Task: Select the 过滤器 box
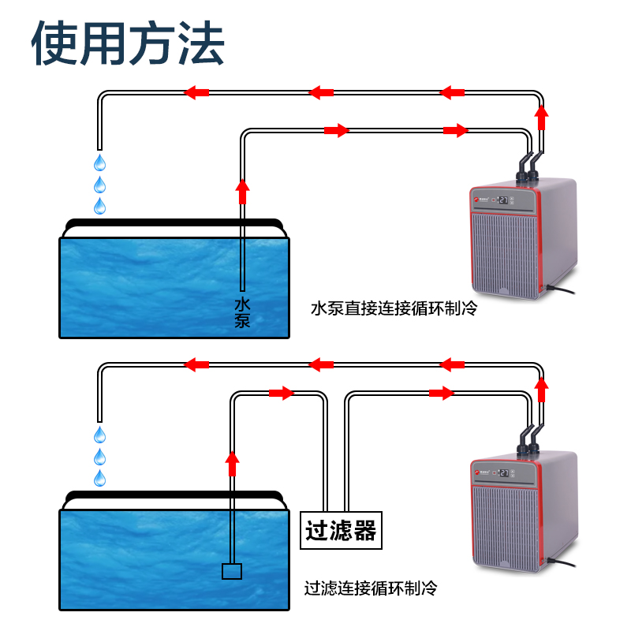coord(341,530)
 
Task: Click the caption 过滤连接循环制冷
coord(371,588)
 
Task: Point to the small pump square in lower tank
coord(232,571)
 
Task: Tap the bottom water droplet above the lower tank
coord(100,478)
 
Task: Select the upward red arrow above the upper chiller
coord(541,118)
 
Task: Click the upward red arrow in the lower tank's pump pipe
coord(232,463)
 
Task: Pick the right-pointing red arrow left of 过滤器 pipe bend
coord(282,393)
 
